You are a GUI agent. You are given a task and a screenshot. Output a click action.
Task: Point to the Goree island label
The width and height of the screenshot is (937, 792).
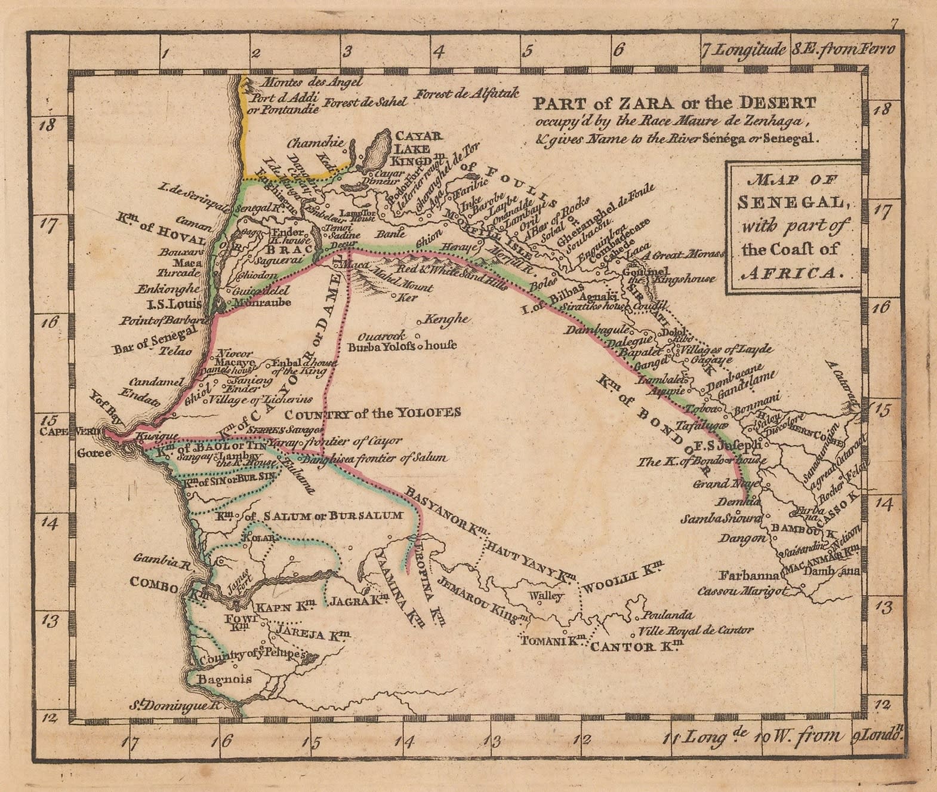(94, 453)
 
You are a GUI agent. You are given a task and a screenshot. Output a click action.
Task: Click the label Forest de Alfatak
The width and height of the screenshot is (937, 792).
(467, 94)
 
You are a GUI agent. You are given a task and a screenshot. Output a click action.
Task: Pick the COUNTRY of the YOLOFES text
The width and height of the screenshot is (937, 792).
(372, 413)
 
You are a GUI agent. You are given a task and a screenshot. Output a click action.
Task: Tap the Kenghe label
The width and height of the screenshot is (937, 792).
(446, 319)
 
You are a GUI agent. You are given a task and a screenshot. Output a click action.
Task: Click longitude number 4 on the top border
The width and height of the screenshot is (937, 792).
(439, 52)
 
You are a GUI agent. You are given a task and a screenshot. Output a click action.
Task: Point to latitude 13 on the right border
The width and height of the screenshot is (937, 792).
(884, 608)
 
